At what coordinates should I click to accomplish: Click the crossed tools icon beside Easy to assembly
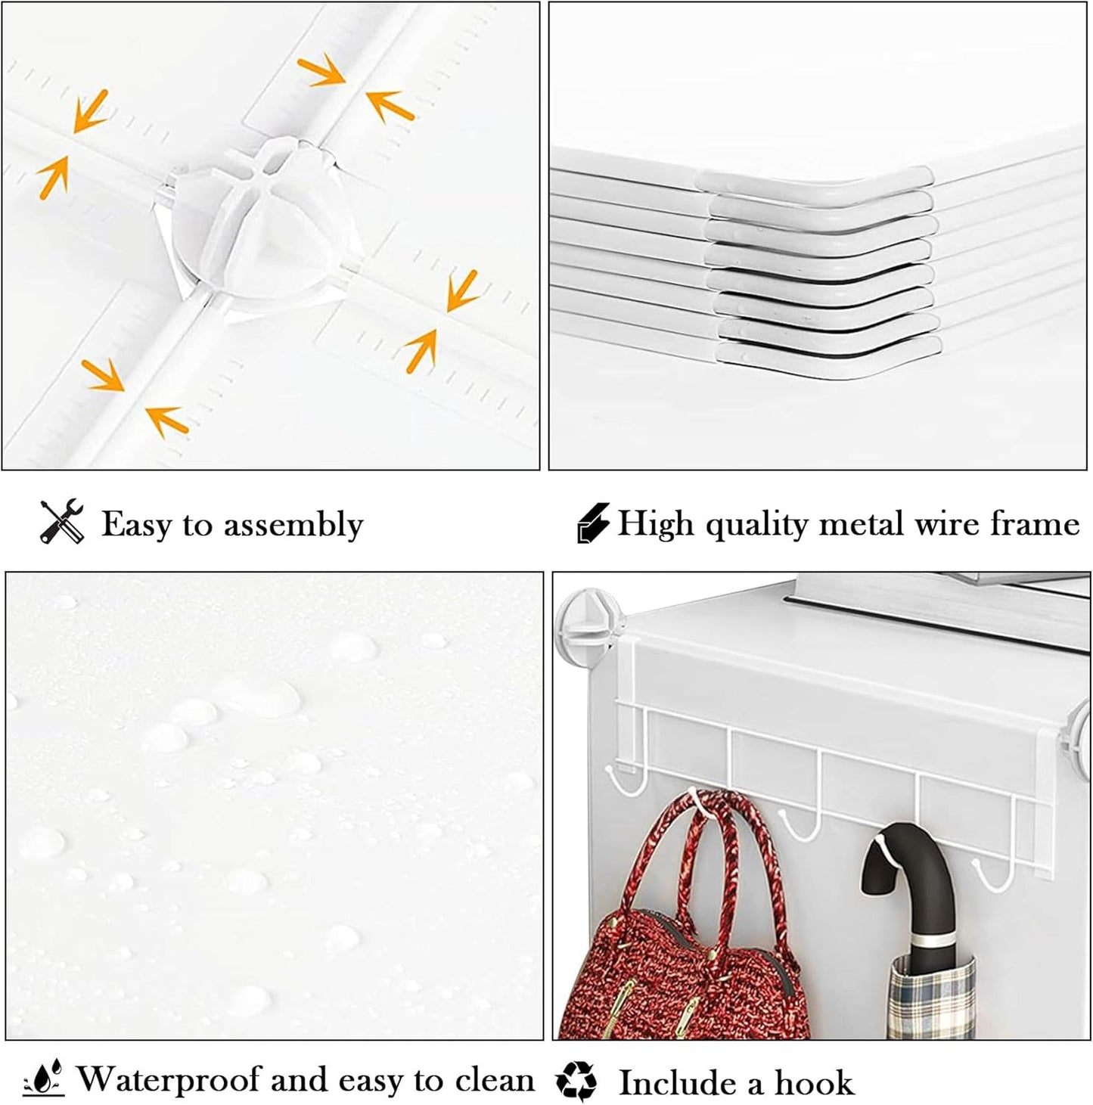click(61, 522)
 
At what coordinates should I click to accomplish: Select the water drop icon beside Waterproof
click(44, 1079)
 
